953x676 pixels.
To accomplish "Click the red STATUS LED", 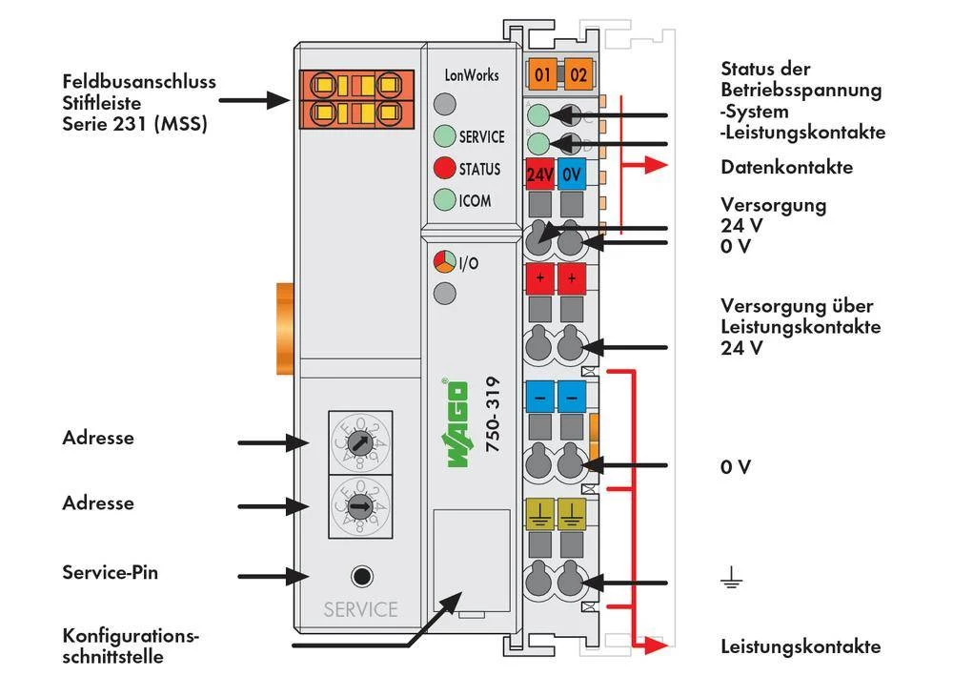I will pyautogui.click(x=444, y=169).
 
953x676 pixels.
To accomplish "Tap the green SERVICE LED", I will pyautogui.click(x=444, y=136).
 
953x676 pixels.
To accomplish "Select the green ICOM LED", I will pyautogui.click(x=444, y=200).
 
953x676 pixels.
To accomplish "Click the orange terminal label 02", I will pyautogui.click(x=576, y=73).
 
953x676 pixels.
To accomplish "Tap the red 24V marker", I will pyautogui.click(x=540, y=175).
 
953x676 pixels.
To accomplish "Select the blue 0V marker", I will pyautogui.click(x=572, y=175).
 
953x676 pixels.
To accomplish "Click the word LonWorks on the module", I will pyautogui.click(x=472, y=74).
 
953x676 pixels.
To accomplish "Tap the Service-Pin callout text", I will pyautogui.click(x=110, y=573).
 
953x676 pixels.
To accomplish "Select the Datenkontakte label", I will pyautogui.click(x=786, y=168).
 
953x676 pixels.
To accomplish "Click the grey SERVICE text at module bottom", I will pyautogui.click(x=359, y=609).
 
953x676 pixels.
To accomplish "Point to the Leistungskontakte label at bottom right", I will pyautogui.click(x=801, y=646).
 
